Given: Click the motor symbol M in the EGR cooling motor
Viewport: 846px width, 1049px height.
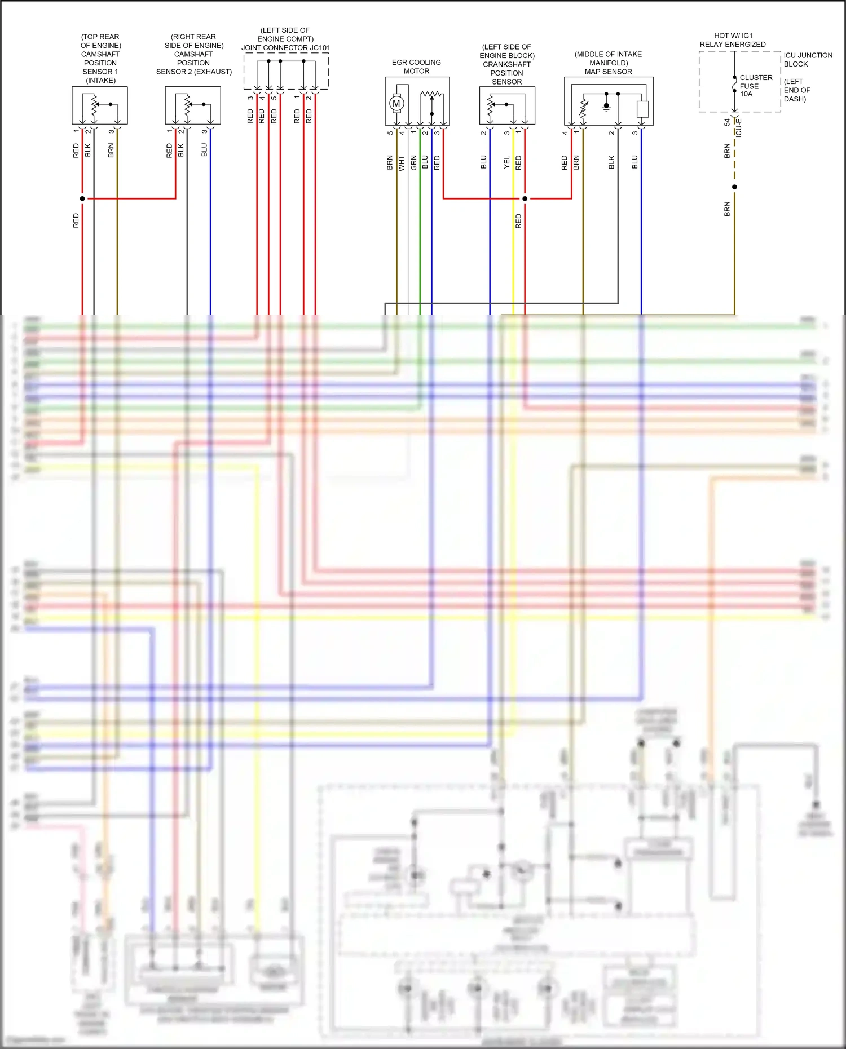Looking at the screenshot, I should [396, 103].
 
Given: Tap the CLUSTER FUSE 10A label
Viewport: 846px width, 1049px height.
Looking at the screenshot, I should [755, 86].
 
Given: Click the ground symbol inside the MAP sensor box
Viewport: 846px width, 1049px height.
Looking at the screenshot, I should [606, 107].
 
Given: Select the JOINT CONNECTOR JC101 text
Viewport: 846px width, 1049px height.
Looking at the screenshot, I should [285, 48].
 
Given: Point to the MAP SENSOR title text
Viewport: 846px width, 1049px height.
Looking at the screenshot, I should [608, 72].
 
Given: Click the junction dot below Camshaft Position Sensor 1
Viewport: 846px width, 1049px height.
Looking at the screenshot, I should [82, 198].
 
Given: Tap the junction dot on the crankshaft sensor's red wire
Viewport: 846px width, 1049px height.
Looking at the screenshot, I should [525, 198].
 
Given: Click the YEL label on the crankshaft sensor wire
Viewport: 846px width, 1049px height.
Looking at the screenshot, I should [506, 162].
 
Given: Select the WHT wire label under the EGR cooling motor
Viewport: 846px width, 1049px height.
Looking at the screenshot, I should [402, 163].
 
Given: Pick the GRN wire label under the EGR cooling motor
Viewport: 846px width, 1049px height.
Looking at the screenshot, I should [413, 163].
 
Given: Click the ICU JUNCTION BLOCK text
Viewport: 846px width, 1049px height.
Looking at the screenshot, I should [807, 59].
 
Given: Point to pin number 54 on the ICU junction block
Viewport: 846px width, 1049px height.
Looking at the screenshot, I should [727, 122].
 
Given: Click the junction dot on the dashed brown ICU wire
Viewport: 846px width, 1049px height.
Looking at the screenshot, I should [734, 187].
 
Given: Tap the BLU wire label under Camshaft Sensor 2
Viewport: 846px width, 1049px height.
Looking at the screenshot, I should [204, 150].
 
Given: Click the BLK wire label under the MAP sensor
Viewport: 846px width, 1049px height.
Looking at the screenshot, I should [611, 163].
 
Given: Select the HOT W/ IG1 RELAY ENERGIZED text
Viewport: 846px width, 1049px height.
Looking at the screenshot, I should [733, 39].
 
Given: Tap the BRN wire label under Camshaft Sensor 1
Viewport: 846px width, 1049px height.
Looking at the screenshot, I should [111, 150].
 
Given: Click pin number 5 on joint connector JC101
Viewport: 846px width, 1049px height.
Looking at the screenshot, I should [274, 98].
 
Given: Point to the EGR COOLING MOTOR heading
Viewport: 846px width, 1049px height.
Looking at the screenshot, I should [416, 67].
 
